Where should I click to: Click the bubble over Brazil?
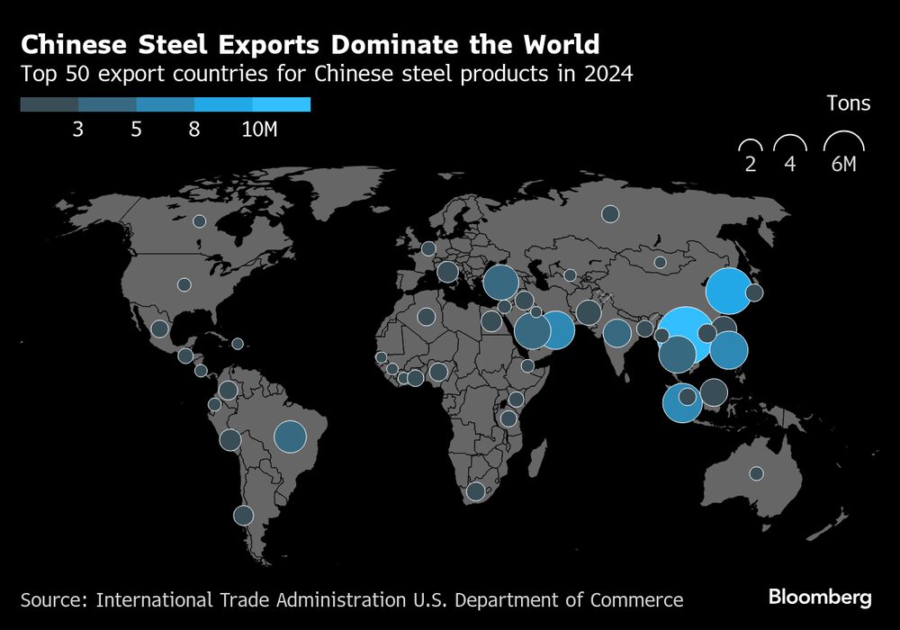click(x=290, y=437)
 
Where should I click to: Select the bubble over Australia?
click(x=756, y=473)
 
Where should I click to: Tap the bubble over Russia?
click(x=610, y=213)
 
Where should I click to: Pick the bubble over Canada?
click(x=199, y=220)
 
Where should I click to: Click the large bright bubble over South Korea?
click(x=728, y=291)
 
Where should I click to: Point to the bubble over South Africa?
click(x=475, y=490)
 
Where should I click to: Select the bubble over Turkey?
click(x=500, y=283)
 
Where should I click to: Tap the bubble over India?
click(x=617, y=333)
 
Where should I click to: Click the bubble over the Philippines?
click(x=729, y=351)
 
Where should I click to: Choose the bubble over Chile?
click(x=243, y=515)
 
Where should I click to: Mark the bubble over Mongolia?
click(x=660, y=262)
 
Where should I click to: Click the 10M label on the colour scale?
click(x=259, y=130)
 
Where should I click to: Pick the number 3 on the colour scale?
click(x=78, y=130)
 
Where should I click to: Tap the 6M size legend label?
click(x=844, y=166)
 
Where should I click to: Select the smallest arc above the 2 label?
click(x=750, y=145)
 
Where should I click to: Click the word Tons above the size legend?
click(x=848, y=103)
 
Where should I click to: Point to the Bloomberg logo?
click(x=820, y=597)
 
